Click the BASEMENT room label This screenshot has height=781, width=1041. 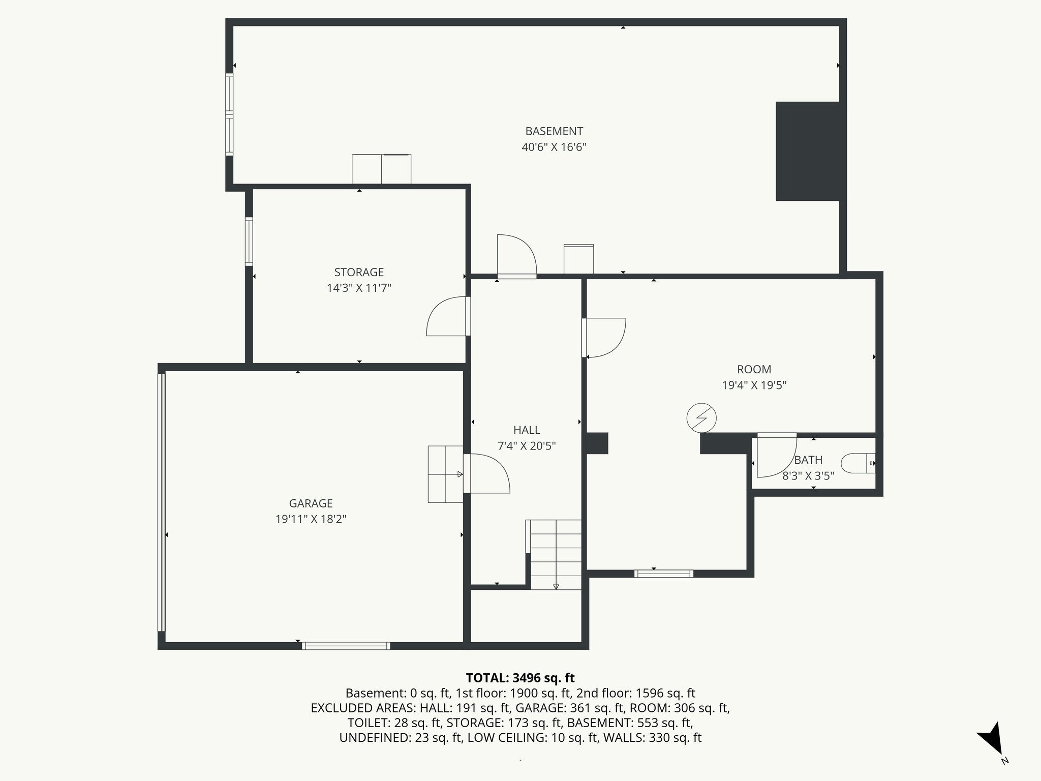click(554, 131)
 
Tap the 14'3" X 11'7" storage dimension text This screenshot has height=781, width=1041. click(359, 288)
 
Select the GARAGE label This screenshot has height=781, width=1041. click(311, 503)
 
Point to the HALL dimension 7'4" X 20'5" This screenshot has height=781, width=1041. click(527, 446)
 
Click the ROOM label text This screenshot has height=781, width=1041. click(754, 370)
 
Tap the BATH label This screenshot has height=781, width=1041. click(808, 460)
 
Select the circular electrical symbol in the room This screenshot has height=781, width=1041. click(701, 418)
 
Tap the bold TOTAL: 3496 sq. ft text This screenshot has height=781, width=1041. click(520, 678)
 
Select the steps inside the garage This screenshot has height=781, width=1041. click(445, 474)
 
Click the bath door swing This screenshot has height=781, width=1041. click(775, 456)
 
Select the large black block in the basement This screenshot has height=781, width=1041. click(807, 151)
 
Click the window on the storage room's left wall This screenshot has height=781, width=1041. click(249, 241)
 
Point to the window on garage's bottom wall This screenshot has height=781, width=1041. click(346, 646)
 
